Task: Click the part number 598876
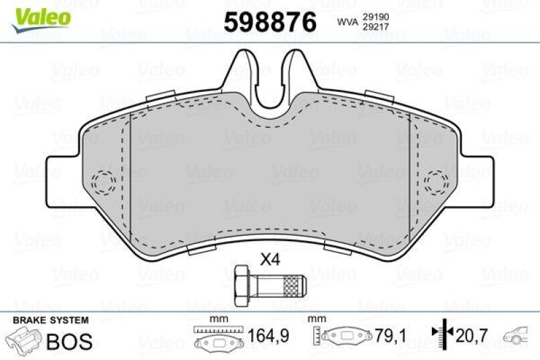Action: (269, 22)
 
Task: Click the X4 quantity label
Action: (269, 259)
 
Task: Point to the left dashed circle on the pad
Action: (103, 180)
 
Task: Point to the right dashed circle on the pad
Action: (435, 180)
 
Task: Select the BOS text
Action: (69, 340)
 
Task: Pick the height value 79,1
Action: (386, 336)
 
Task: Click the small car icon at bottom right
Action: (520, 333)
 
